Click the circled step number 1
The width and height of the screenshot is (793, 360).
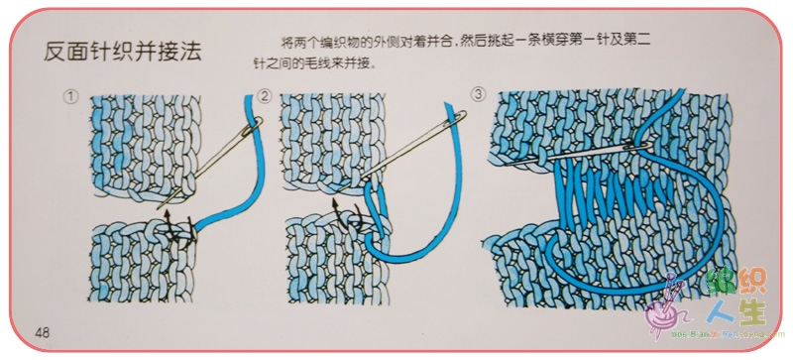pyautogui.click(x=70, y=96)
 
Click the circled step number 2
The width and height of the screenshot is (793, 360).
pyautogui.click(x=265, y=96)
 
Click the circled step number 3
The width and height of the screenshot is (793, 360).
pyautogui.click(x=478, y=94)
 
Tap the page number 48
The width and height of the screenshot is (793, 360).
pyautogui.click(x=43, y=332)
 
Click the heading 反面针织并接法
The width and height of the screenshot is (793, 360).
pyautogui.click(x=123, y=52)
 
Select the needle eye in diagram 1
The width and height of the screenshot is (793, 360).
pyautogui.click(x=255, y=125)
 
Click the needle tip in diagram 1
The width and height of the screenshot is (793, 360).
pyautogui.click(x=158, y=208)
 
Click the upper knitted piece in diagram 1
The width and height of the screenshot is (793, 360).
pyautogui.click(x=145, y=147)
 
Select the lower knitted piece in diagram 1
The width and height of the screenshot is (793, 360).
pyautogui.click(x=142, y=262)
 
